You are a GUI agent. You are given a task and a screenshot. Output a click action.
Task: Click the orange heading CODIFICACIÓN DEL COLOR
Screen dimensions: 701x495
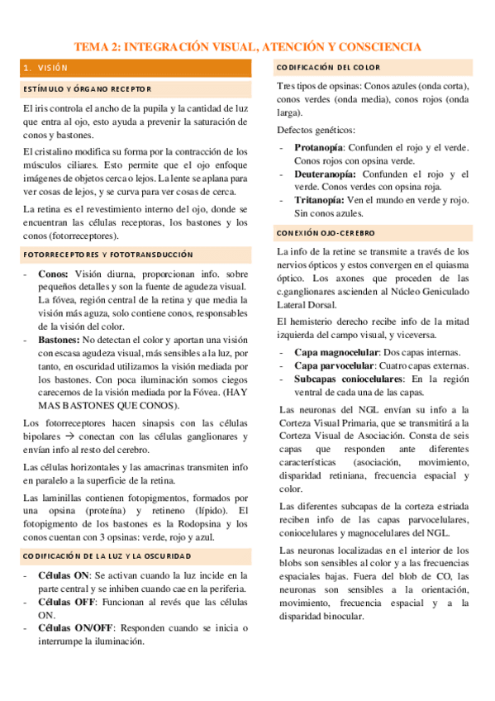coord(329,68)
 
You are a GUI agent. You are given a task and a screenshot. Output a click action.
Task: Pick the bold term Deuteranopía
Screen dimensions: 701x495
coord(326,174)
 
